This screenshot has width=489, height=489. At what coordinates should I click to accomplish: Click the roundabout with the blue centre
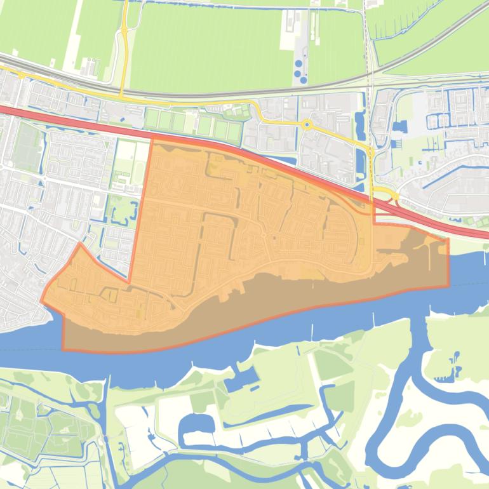pos(307,124)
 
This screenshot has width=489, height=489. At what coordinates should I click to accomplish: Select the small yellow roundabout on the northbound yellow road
pos(124,29)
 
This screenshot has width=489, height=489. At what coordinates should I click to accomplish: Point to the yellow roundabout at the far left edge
pos(22,75)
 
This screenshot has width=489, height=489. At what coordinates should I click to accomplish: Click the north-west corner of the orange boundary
pos(152,138)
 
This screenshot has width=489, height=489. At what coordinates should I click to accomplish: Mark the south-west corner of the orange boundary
pos(63,349)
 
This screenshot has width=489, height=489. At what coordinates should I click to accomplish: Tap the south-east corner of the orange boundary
pos(448,285)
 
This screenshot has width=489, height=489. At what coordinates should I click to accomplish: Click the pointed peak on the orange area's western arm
pos(79,243)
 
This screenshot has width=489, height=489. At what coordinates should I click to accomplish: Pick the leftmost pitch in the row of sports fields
pos(152,119)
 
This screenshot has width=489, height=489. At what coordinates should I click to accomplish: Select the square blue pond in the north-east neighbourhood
pos(399,126)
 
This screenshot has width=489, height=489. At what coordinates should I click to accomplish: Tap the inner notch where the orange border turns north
pos(130,281)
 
